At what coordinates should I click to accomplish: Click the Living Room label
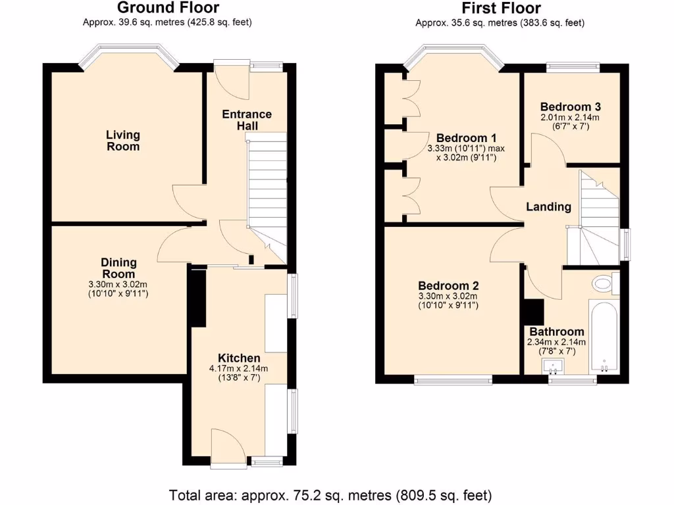pyautogui.click(x=123, y=141)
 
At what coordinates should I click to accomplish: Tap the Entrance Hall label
pyautogui.click(x=247, y=120)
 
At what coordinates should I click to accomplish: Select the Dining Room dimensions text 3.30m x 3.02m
pyautogui.click(x=118, y=285)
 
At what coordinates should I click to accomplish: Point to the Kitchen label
pyautogui.click(x=234, y=358)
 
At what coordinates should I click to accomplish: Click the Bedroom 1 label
pyautogui.click(x=466, y=138)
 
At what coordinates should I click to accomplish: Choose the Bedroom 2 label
pyautogui.click(x=448, y=286)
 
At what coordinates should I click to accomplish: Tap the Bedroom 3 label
pyautogui.click(x=570, y=107)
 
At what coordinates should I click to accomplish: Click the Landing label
pyautogui.click(x=548, y=207)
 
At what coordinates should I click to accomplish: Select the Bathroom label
pyautogui.click(x=556, y=332)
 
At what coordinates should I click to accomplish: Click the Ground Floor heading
pyautogui.click(x=168, y=8)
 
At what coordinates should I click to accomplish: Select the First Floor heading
pyautogui.click(x=501, y=8)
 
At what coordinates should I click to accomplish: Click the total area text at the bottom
pyautogui.click(x=330, y=494)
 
